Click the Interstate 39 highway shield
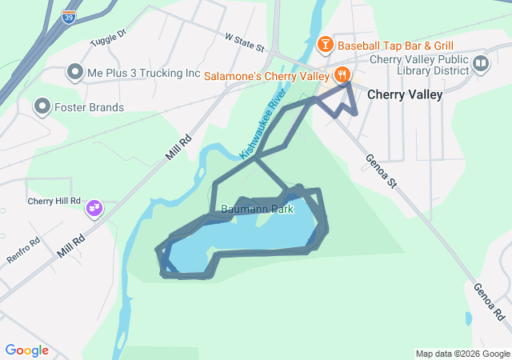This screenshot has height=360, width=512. pos(71,16)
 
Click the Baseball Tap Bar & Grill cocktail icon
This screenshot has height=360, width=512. pos(325,44)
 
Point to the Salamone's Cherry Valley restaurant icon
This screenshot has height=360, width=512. pos(342,75)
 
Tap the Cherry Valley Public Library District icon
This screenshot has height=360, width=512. pos(481,64)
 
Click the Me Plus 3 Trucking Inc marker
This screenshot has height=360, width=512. pos(75,73)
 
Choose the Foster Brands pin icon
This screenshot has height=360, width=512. pos(42,106)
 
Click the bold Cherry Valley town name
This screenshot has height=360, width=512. pos(404,94)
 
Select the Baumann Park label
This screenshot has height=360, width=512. pos(258,210)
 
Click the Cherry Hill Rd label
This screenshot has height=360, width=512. pos(54,201)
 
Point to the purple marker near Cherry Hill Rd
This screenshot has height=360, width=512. pos(94,208)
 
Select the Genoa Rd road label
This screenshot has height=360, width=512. pos(487,302)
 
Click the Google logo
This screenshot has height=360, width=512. pos(26,350)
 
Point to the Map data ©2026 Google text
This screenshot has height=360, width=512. pos(461,354)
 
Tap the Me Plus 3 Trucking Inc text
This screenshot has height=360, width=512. pos(144,73)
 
